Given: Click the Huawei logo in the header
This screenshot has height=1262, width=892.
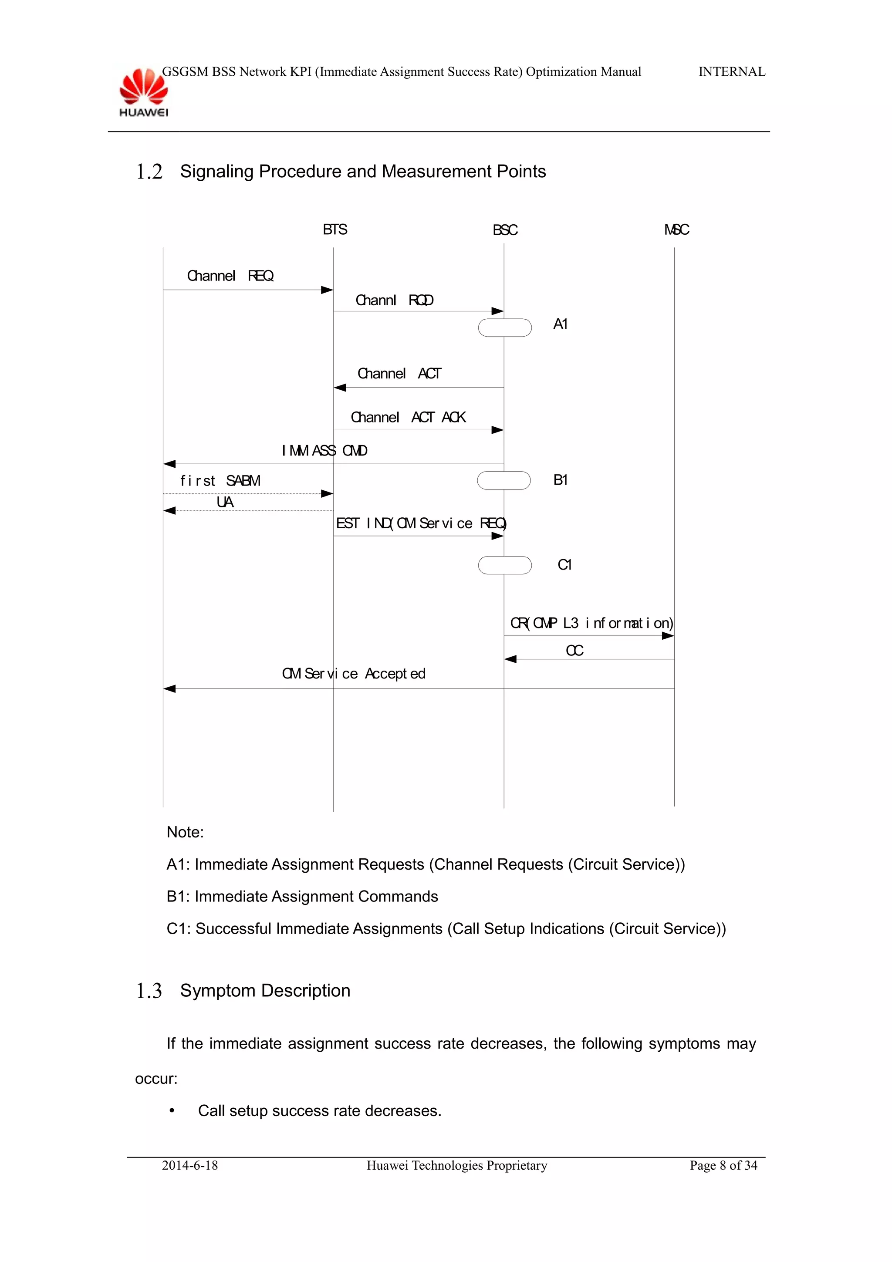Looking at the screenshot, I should (x=143, y=92).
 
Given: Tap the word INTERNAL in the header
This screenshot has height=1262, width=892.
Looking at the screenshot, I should (x=732, y=72).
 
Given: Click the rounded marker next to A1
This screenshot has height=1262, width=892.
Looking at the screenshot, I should (x=504, y=327).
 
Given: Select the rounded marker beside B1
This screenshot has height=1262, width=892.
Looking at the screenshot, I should (x=503, y=480).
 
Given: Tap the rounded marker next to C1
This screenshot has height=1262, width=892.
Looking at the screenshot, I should (x=504, y=565).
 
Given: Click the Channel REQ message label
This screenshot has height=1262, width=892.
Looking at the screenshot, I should (x=230, y=276).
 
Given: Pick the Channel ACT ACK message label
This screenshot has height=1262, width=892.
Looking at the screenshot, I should (x=408, y=418).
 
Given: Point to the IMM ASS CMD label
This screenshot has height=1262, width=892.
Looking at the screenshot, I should (x=324, y=451).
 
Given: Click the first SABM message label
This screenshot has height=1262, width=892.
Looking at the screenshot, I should (x=220, y=481).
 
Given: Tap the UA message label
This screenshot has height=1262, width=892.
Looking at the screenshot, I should (x=225, y=502).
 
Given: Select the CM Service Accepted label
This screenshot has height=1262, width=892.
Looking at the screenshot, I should (x=353, y=674).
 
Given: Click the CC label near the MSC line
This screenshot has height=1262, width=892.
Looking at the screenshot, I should (x=574, y=651).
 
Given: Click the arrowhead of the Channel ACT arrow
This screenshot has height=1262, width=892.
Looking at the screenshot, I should (x=340, y=388).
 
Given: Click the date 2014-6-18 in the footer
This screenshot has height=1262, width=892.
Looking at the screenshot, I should (x=189, y=1165).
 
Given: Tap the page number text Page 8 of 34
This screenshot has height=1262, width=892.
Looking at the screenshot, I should (x=723, y=1165).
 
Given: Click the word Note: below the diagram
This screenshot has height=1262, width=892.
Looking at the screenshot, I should (x=185, y=832).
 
